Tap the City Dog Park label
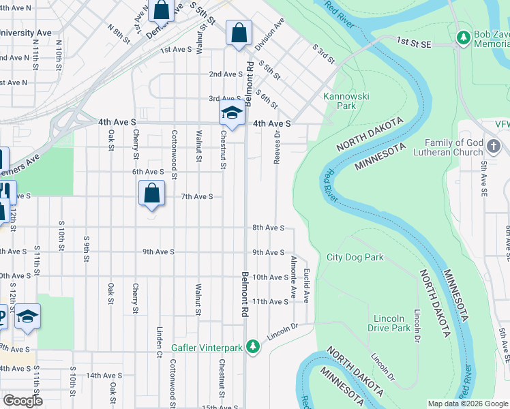pos(355,257)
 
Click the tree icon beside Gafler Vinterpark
pos(253,348)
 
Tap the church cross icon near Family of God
pos(494,147)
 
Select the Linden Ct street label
pos(158,361)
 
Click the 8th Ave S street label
pos(268,228)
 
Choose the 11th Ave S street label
pos(268,301)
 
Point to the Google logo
pos(22,401)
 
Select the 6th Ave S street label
pos(148,172)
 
